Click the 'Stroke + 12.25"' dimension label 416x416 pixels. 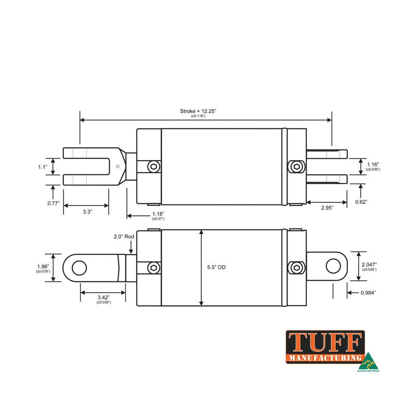198,111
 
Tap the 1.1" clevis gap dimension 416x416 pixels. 43,167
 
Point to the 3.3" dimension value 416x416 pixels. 87,212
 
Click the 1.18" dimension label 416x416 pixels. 158,214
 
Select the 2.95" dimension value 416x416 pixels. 327,207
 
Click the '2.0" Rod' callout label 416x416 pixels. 124,237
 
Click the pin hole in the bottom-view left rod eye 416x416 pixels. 79,268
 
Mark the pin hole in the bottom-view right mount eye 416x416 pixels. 332,266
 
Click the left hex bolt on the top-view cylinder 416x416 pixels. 153,167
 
